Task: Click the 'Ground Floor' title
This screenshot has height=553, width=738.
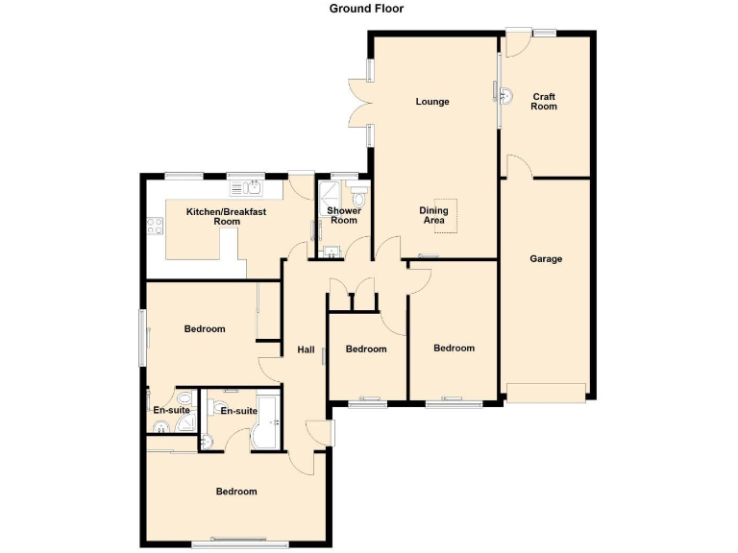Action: (366, 9)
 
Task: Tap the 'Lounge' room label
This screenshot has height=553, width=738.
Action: (432, 102)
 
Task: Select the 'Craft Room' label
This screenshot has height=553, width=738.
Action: (544, 101)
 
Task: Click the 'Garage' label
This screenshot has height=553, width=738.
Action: (546, 258)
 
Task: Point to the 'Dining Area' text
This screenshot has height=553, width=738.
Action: (433, 215)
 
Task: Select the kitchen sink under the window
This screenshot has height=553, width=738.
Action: (252, 187)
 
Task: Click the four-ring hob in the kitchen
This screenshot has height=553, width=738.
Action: (154, 228)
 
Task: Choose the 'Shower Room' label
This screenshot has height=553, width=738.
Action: (343, 215)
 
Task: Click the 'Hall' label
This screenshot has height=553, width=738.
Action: (306, 349)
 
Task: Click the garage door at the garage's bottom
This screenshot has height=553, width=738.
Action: (546, 392)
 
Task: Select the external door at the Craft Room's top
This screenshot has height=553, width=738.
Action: (519, 42)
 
